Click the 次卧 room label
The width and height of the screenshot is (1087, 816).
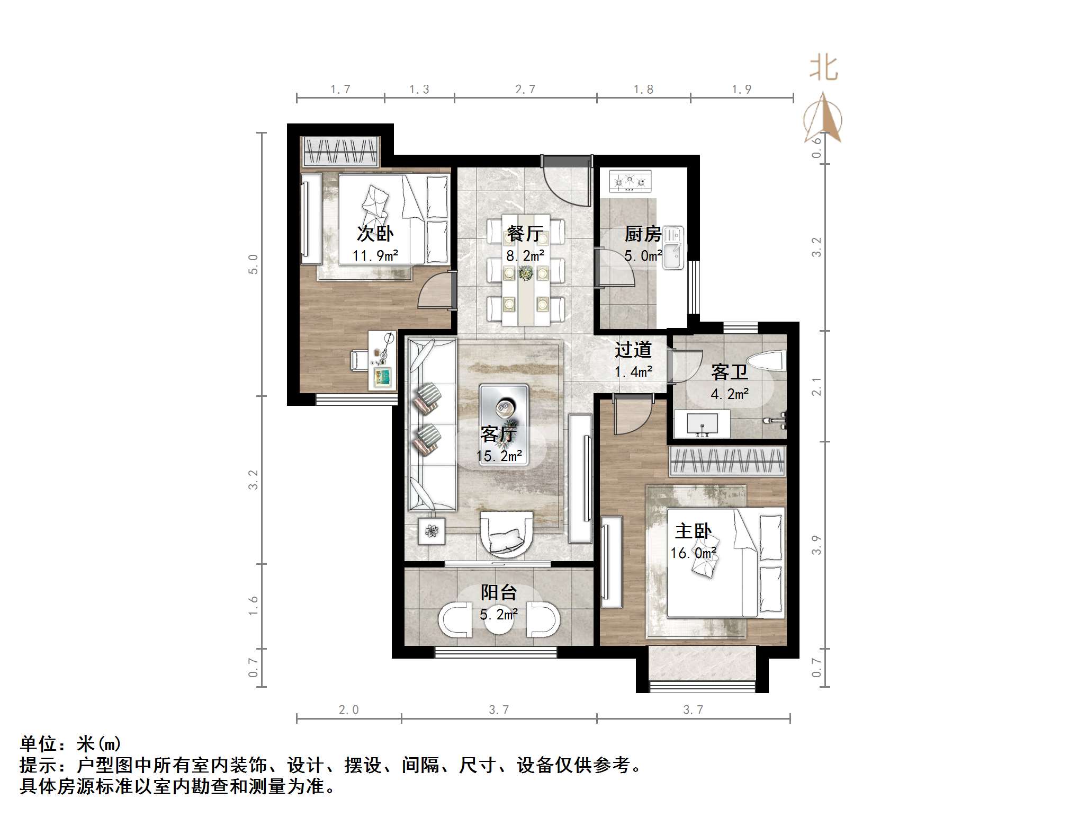[375, 234]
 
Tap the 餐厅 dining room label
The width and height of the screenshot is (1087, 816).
[525, 234]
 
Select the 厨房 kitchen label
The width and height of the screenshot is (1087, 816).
[643, 234]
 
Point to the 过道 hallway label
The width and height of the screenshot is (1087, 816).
[633, 350]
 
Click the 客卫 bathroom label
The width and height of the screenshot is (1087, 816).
[729, 372]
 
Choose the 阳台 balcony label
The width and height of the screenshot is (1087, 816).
[498, 592]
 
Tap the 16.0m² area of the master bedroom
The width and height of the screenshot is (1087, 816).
[693, 553]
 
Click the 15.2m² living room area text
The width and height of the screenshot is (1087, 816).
[499, 456]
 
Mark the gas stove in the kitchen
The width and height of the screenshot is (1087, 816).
[630, 182]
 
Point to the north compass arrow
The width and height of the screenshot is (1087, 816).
[823, 119]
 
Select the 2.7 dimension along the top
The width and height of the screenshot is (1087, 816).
[525, 90]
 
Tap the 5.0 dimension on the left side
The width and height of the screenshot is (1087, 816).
[254, 264]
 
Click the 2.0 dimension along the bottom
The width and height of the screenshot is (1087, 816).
[348, 709]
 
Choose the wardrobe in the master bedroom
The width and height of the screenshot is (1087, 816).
[727, 461]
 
